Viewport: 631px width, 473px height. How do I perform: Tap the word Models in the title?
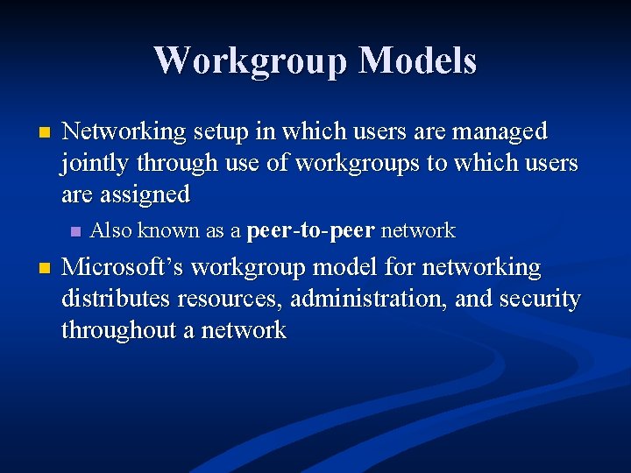417,60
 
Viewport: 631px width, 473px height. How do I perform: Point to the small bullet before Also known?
74,232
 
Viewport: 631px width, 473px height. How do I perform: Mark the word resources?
229,299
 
